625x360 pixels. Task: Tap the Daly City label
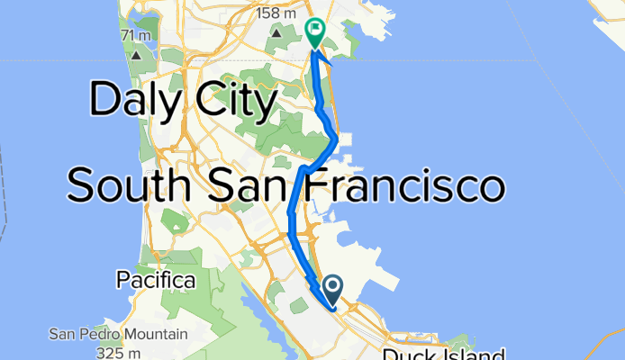coord(182,101)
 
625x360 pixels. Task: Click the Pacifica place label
coord(156,281)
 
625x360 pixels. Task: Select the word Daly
coord(130,101)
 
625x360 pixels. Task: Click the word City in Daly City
coord(230,101)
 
